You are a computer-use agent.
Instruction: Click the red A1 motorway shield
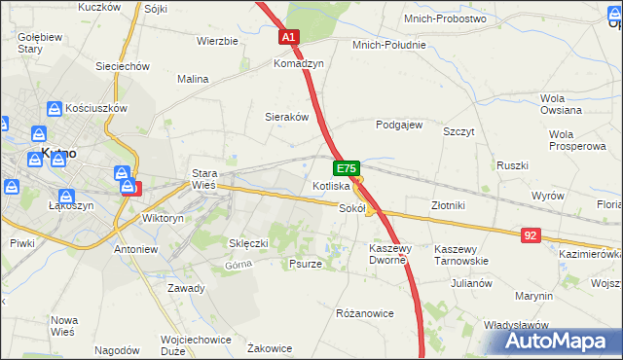[x=290, y=37]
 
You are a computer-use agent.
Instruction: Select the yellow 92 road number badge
[x=530, y=235]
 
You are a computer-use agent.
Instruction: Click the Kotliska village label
[x=331, y=185]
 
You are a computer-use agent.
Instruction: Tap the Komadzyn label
[x=298, y=63]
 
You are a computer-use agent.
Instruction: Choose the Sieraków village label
[x=287, y=116]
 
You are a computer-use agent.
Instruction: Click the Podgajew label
[x=399, y=125]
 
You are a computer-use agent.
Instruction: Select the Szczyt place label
[x=458, y=130]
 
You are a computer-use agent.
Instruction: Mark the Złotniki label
[x=449, y=205]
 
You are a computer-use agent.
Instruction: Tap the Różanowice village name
[x=364, y=313]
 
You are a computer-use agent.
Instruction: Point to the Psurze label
[x=305, y=264]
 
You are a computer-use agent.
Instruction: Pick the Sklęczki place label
[x=247, y=243]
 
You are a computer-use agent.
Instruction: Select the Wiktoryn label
[x=163, y=219]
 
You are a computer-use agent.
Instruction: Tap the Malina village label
[x=194, y=79]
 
